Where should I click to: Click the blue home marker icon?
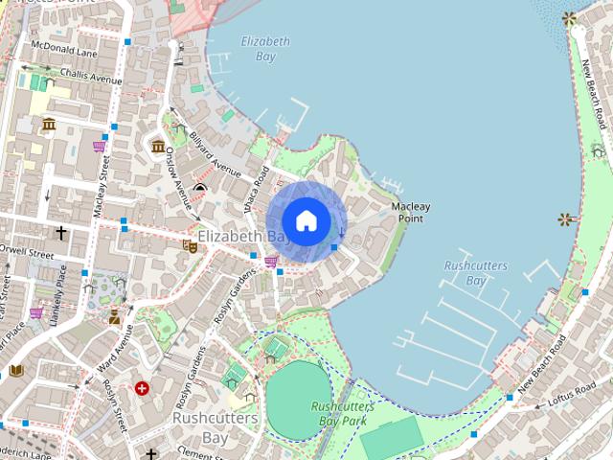pos(306,221)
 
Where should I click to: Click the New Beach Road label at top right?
pos(594,94)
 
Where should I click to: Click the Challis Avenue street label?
pos(91,76)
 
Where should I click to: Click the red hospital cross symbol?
pos(142,388)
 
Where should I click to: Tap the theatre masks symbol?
pos(190,245)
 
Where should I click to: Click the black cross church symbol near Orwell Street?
pos(61,233)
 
